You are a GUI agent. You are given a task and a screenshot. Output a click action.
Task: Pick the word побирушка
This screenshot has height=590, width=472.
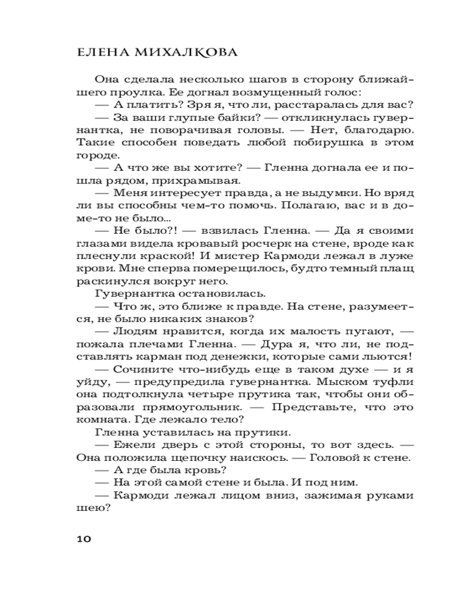click(x=314, y=143)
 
